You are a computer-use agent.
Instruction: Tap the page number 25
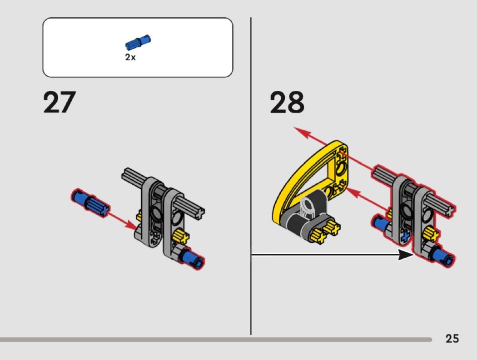[452, 338]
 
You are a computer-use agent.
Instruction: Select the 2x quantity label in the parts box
[130, 57]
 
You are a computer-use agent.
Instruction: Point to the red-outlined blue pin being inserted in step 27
[90, 202]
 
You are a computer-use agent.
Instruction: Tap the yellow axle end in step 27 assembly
[181, 237]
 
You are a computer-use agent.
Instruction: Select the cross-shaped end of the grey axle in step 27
[200, 212]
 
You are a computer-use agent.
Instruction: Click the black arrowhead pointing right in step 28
[406, 255]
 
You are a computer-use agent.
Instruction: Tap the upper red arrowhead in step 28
[303, 133]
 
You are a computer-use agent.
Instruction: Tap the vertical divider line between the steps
[251, 176]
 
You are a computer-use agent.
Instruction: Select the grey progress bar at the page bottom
[216, 340]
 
